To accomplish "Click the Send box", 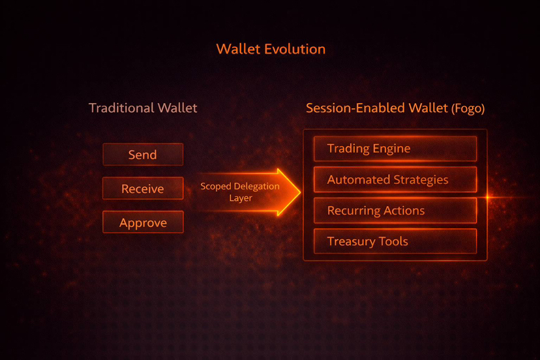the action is [143, 155].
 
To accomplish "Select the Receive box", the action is [143, 188].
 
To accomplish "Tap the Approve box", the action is [143, 222].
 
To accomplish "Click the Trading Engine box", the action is [395, 149].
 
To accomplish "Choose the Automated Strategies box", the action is [395, 179].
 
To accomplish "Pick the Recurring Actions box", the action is [395, 211].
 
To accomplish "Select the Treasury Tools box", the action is [395, 241].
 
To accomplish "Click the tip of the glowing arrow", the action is [300, 192].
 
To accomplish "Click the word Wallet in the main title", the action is [238, 49].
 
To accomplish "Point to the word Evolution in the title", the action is [295, 49].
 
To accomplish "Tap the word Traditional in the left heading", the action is [121, 108].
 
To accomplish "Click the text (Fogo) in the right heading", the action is [468, 109].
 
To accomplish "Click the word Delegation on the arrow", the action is [256, 187].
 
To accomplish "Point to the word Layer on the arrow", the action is [241, 198].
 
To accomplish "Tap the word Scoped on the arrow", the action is [216, 187].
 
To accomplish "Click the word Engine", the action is [391, 149].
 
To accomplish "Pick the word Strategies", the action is [421, 180].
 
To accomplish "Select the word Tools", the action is [393, 241].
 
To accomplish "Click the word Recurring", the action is [353, 211].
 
